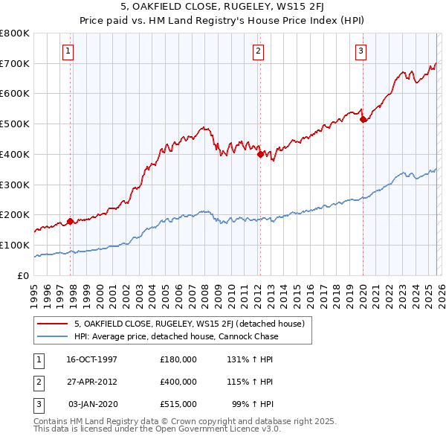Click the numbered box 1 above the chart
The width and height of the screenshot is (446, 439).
68,51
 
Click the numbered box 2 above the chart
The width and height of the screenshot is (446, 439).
258,51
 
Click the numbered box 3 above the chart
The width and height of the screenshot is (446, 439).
360,51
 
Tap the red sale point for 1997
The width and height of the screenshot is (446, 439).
71,221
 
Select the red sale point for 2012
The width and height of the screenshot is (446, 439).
260,155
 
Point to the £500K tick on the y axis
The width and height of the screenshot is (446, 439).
15,124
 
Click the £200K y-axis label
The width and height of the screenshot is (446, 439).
15,215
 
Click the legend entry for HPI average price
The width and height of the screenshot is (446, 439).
175,336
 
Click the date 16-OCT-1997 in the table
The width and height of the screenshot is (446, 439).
91,359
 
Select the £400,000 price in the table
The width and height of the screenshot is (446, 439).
178,382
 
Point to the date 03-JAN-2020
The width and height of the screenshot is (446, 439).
93,404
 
